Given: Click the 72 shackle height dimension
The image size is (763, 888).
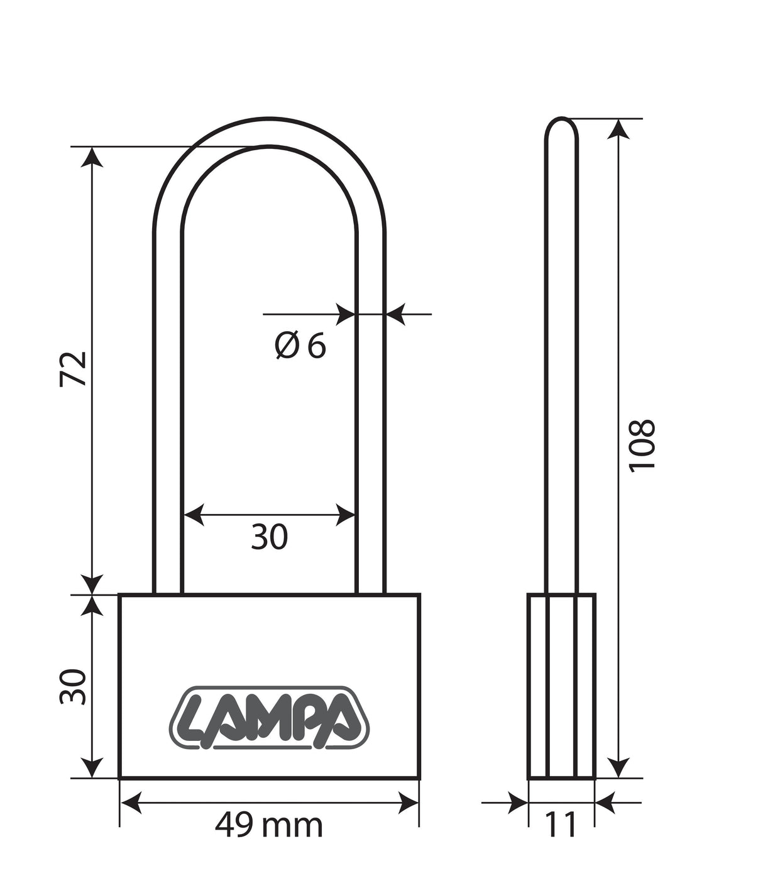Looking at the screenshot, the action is (x=73, y=369).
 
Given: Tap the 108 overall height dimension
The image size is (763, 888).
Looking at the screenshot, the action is (x=642, y=446).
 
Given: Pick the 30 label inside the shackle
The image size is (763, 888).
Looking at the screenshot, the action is (x=270, y=537).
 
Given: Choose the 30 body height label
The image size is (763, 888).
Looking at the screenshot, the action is (x=73, y=686).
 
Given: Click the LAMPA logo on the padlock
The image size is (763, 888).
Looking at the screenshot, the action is (x=270, y=718).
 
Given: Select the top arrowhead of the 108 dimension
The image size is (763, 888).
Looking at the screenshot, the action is (x=618, y=129).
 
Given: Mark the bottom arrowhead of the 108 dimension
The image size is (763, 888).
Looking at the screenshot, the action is (x=618, y=767).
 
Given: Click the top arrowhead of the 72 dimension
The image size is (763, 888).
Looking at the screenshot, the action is (x=92, y=157).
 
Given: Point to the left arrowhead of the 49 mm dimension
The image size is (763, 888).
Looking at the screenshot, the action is (x=131, y=802).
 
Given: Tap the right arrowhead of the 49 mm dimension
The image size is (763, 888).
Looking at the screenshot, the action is (x=408, y=802).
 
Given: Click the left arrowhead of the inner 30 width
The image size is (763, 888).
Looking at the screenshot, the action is (x=194, y=514).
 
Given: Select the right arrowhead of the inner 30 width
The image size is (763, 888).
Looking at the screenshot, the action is (x=345, y=514).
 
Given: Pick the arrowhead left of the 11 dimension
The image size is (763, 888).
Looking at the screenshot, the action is (x=518, y=802).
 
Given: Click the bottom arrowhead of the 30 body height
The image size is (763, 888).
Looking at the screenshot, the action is (x=92, y=767).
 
